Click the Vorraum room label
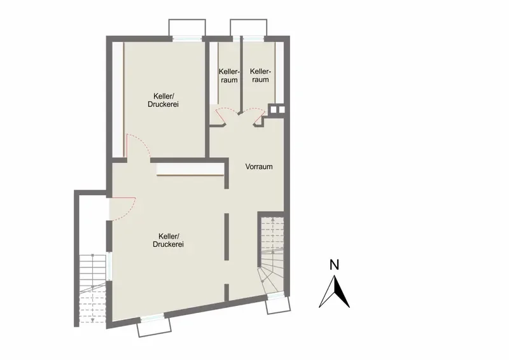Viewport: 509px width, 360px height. click(x=259, y=167)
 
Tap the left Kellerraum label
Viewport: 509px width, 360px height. click(x=229, y=76)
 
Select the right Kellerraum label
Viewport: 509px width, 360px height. click(x=260, y=75)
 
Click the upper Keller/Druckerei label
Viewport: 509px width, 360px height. click(x=163, y=100)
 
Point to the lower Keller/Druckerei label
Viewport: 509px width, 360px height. click(x=168, y=240)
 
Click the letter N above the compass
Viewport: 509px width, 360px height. click(x=334, y=265)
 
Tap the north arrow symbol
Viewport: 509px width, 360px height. click(x=335, y=291)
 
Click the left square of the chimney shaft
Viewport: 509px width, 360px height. click(x=274, y=109)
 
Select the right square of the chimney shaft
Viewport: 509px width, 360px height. click(x=281, y=109)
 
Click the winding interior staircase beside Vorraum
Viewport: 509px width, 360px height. click(x=272, y=255)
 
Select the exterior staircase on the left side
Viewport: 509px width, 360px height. click(x=92, y=289)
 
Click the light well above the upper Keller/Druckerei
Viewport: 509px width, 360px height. click(x=187, y=27)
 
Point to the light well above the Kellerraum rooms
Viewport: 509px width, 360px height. click(x=249, y=27)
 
